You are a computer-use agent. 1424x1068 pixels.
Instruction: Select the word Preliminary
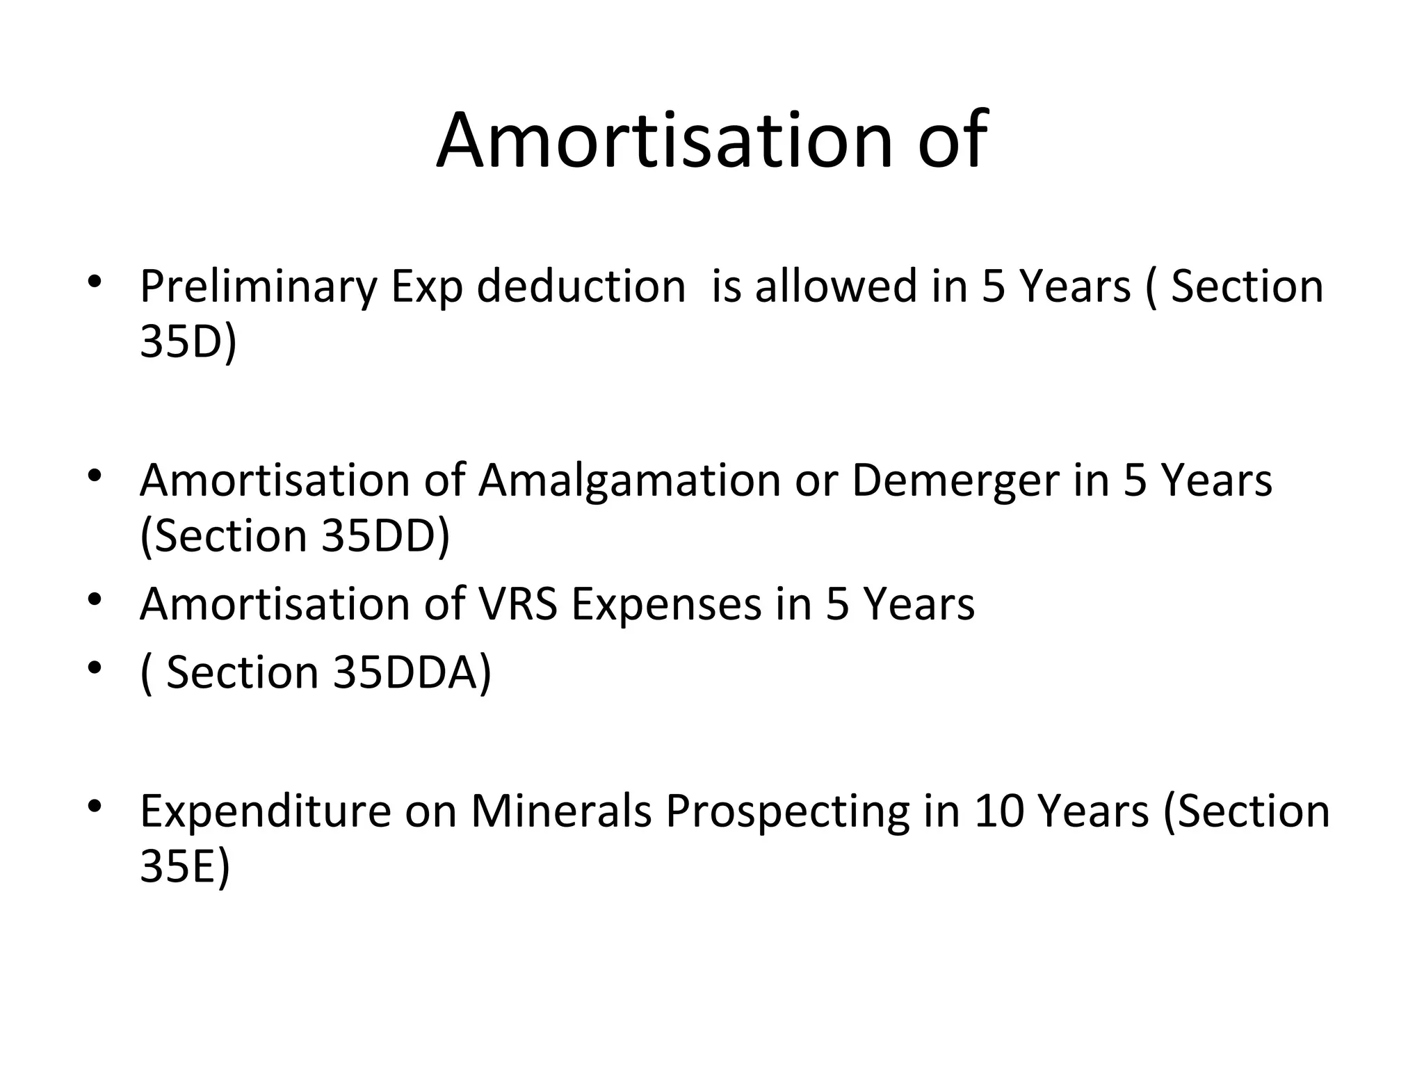258,286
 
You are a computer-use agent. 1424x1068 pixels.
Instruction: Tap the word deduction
581,286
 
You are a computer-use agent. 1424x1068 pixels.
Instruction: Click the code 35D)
188,341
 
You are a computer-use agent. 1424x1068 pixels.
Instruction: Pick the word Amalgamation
629,480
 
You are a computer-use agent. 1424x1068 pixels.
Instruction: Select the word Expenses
667,604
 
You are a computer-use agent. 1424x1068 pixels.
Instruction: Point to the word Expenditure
266,811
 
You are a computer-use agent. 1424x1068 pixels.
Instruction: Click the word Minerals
561,811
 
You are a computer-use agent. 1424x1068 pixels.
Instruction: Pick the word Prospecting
787,811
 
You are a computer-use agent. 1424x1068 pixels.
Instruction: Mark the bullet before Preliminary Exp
95,282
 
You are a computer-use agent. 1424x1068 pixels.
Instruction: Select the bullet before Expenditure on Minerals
95,807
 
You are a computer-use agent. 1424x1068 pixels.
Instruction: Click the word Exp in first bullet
426,286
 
